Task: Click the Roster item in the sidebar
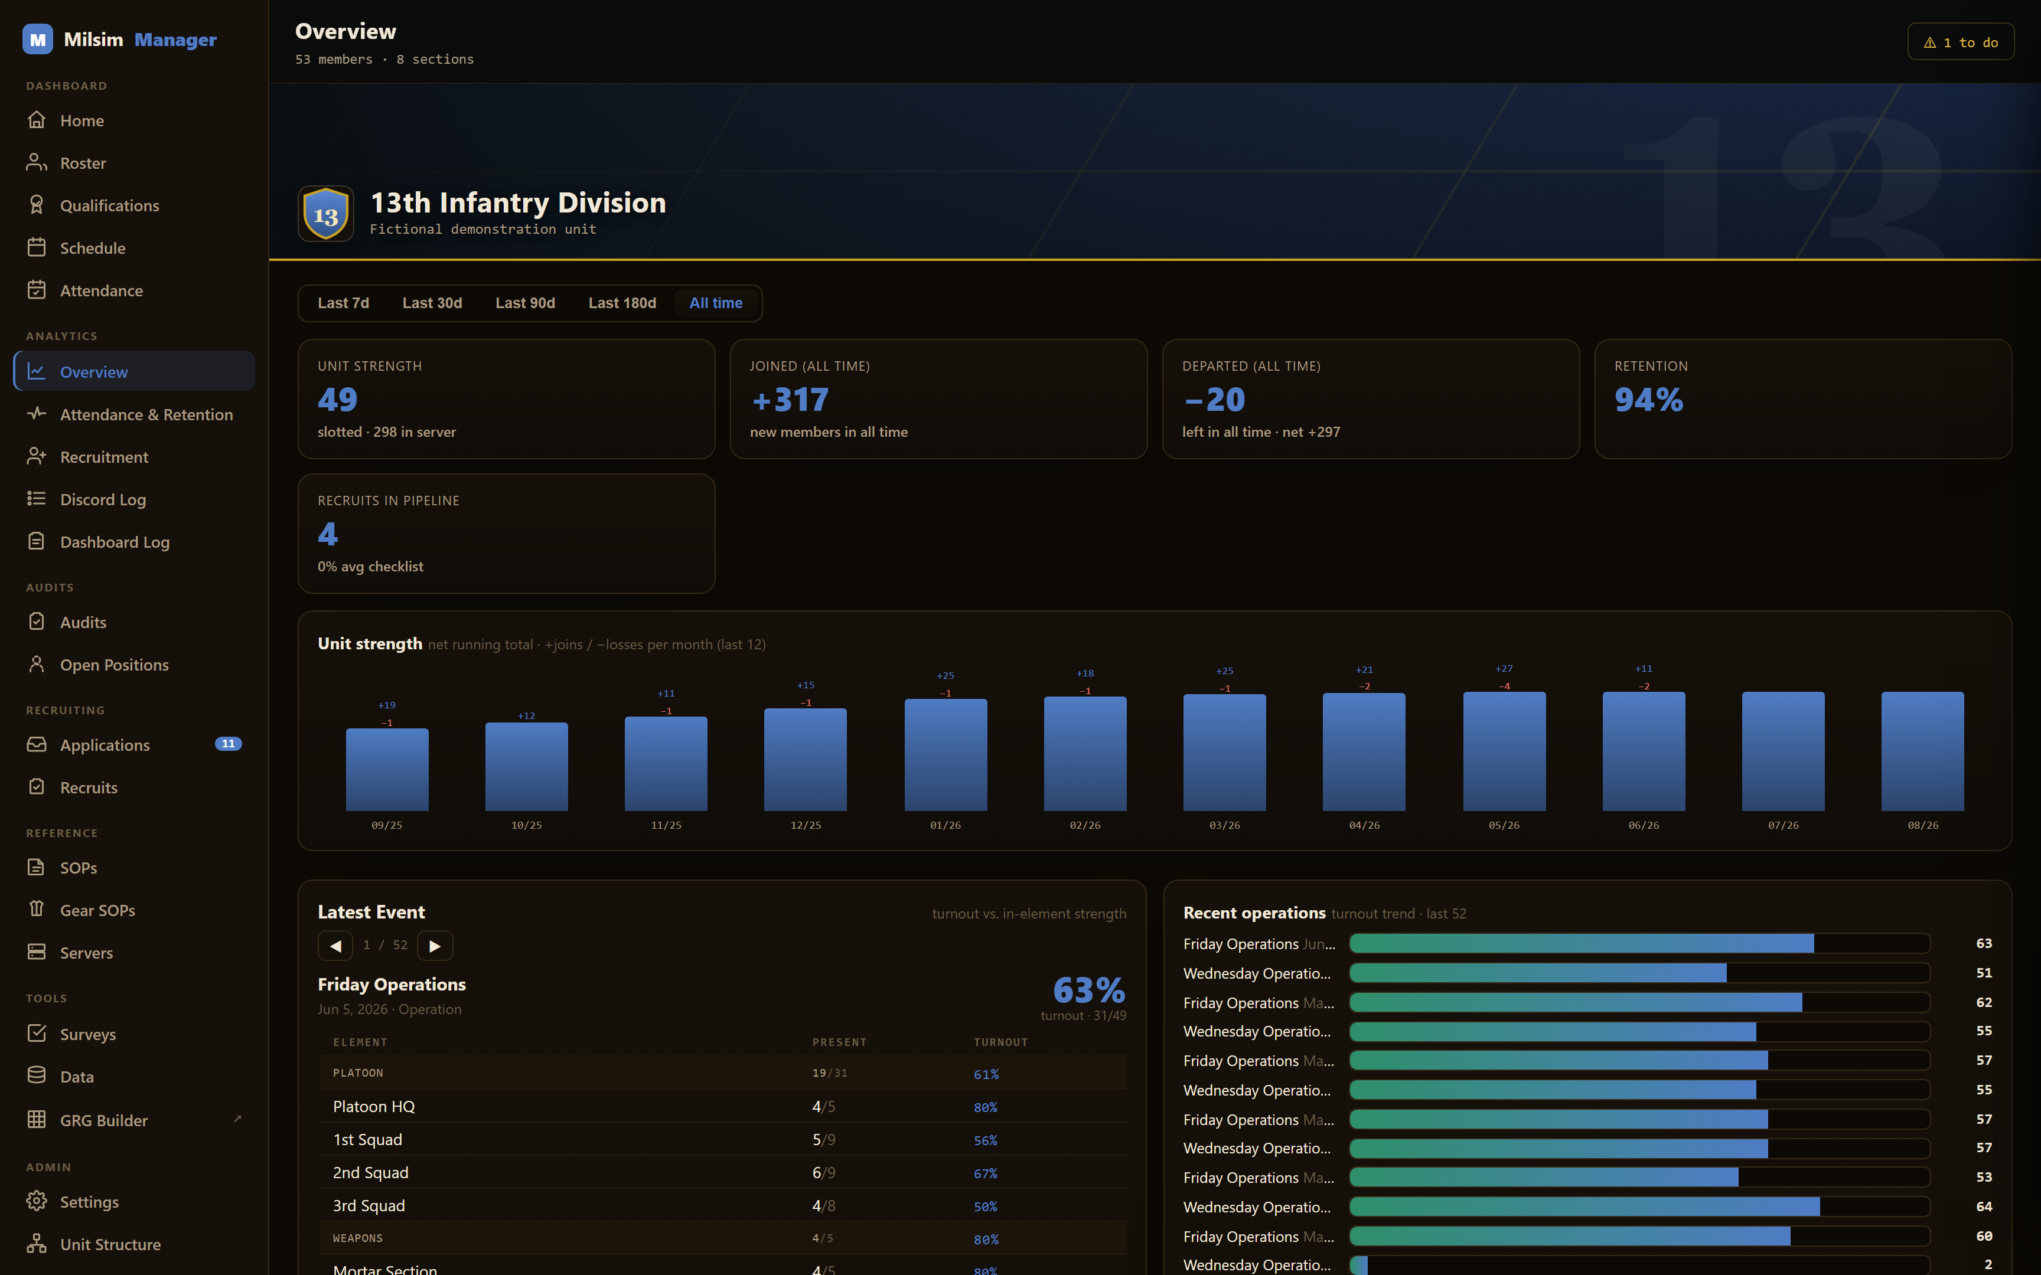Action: tap(83, 163)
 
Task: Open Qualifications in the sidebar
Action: tap(109, 206)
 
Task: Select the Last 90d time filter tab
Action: tap(524, 303)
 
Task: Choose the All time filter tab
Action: tap(715, 303)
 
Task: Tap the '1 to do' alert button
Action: tap(1960, 42)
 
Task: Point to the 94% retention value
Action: tap(1648, 400)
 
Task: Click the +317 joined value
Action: tap(790, 400)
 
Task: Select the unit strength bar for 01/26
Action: tap(945, 755)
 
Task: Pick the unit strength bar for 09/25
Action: tap(387, 770)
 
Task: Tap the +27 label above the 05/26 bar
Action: tap(1504, 669)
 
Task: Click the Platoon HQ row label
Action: tap(374, 1106)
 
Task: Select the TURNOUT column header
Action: tap(1000, 1042)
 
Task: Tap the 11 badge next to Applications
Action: tap(228, 744)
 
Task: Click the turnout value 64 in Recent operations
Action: tap(1984, 1207)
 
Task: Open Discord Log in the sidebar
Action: tap(103, 500)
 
